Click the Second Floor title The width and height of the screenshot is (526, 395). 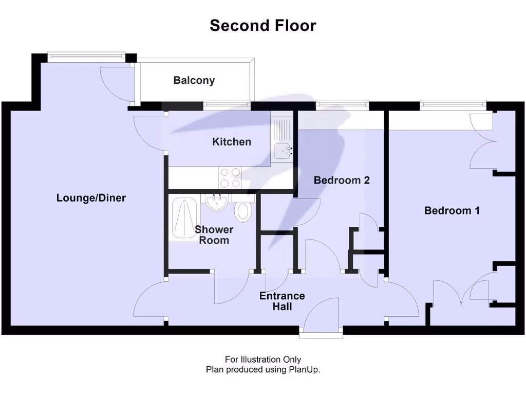[262, 25]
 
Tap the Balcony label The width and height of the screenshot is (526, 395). [194, 80]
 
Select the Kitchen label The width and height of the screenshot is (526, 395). [232, 141]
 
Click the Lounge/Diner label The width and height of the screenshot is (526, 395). [91, 198]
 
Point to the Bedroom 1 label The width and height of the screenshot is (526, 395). [452, 210]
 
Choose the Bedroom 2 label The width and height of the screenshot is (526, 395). [342, 180]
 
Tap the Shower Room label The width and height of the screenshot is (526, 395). [214, 235]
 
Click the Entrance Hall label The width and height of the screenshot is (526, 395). [282, 301]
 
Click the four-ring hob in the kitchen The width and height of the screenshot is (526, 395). [230, 178]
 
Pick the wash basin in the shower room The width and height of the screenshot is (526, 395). [218, 202]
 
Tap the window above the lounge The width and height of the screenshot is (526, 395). [86, 54]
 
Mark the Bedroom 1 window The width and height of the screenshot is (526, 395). [453, 105]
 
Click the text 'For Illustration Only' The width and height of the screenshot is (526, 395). [262, 360]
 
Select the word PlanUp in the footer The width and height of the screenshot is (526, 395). [306, 369]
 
